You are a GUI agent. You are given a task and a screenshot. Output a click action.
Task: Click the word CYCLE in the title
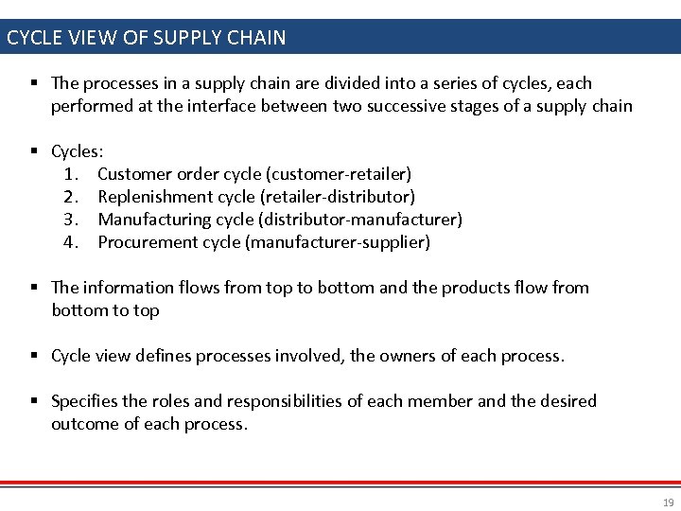33,39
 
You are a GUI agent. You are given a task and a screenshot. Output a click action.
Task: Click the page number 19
669,502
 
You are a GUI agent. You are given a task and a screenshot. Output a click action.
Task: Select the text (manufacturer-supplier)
338,242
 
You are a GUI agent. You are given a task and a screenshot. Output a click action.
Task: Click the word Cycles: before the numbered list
78,151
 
